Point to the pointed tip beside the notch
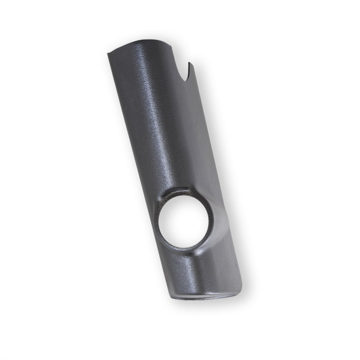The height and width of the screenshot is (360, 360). pyautogui.click(x=189, y=63)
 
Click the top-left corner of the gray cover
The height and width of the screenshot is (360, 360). pyautogui.click(x=108, y=54)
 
